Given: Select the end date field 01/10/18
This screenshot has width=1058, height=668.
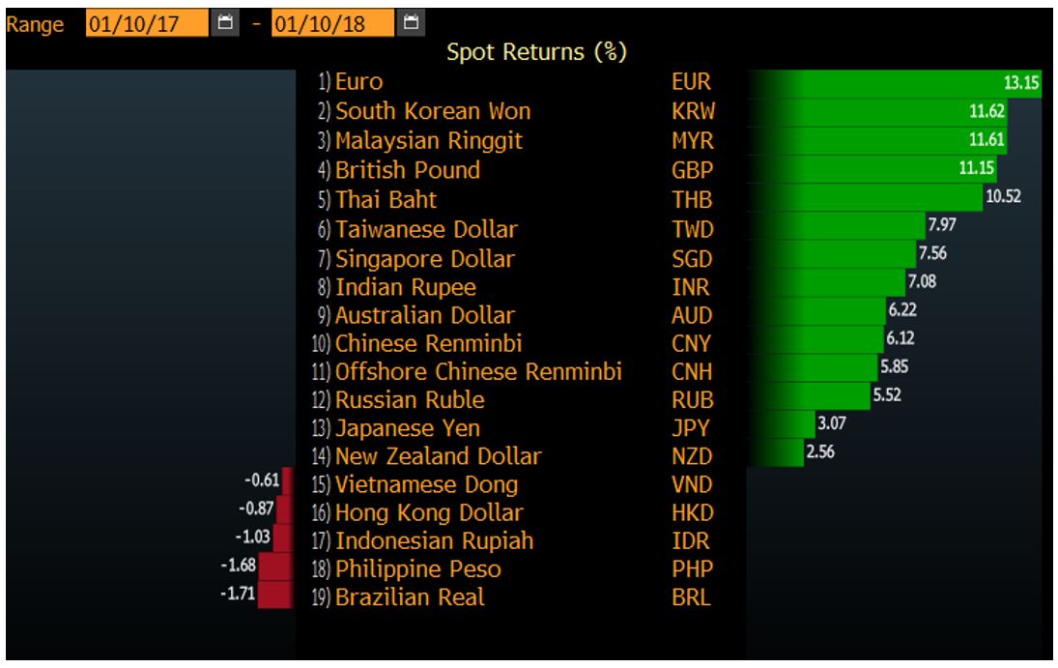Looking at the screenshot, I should click(332, 23).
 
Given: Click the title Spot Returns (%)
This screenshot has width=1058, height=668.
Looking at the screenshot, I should click(536, 52).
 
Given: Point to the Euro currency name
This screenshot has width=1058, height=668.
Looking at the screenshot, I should click(358, 82).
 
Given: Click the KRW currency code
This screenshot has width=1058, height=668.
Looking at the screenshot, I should click(693, 111).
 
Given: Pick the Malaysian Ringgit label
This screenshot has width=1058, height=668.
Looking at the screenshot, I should click(428, 141).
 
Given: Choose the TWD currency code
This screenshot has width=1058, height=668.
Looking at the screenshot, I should click(693, 230).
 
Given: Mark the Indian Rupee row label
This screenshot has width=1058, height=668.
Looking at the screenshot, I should click(405, 287).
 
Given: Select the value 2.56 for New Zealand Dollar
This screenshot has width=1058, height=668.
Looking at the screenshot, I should click(819, 451).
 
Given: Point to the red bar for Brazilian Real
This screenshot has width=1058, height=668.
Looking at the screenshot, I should click(275, 595).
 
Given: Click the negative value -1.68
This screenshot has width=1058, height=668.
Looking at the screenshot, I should click(237, 566).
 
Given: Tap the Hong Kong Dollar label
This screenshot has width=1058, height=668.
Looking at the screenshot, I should click(428, 513).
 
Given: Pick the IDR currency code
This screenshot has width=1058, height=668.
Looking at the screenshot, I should click(691, 541).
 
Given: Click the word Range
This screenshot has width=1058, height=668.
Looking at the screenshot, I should click(35, 24).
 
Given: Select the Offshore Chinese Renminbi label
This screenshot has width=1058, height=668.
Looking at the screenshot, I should click(478, 372).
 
